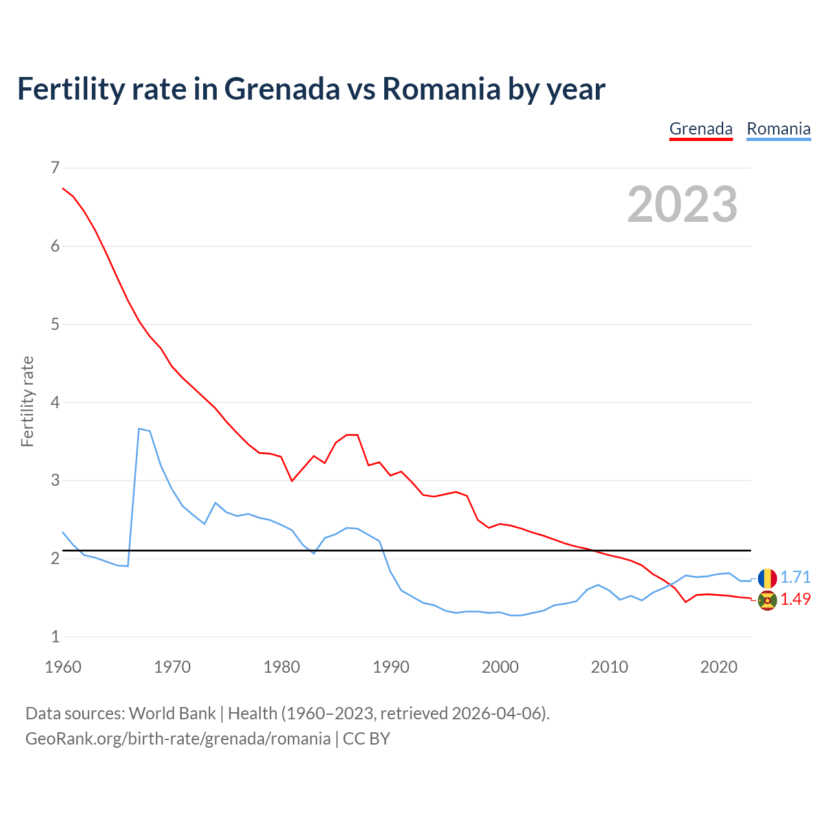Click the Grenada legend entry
click(x=701, y=129)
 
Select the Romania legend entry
click(x=778, y=129)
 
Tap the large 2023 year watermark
click(x=682, y=204)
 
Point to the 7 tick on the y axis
click(x=54, y=168)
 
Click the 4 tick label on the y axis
click(x=54, y=402)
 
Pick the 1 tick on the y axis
click(x=54, y=637)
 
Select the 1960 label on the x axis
click(x=63, y=667)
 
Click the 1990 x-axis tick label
click(x=391, y=667)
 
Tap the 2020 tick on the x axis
click(x=719, y=667)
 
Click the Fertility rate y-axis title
click(x=27, y=401)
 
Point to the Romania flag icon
click(x=767, y=578)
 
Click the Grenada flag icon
click(x=767, y=600)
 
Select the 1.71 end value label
click(x=795, y=577)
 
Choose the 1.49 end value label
click(x=795, y=599)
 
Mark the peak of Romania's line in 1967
click(x=139, y=428)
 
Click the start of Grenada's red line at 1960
click(x=63, y=188)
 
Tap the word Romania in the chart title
click(x=441, y=89)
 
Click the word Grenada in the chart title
click(x=281, y=89)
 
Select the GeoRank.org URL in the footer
click(x=178, y=739)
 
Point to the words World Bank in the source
click(x=172, y=714)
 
